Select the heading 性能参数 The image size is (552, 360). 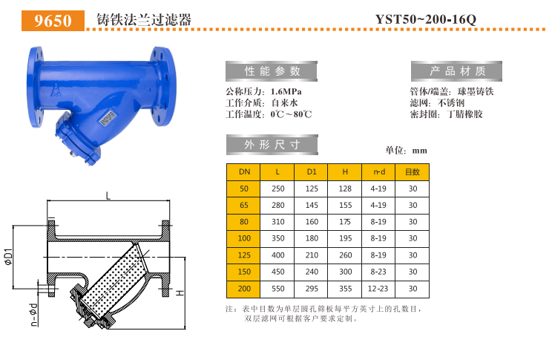272,71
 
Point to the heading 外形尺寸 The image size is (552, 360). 272,143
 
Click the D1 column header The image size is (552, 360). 312,172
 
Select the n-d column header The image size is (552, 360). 378,172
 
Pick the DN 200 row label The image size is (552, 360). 244,288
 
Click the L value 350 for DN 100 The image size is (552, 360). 277,238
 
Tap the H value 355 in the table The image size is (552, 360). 345,288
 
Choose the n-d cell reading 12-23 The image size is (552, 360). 378,288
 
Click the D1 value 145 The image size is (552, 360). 312,205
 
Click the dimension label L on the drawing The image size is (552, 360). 108,195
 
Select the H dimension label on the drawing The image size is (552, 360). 180,294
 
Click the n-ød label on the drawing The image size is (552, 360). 33,315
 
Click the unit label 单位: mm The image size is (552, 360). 407,151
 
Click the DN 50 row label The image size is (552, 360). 244,189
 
